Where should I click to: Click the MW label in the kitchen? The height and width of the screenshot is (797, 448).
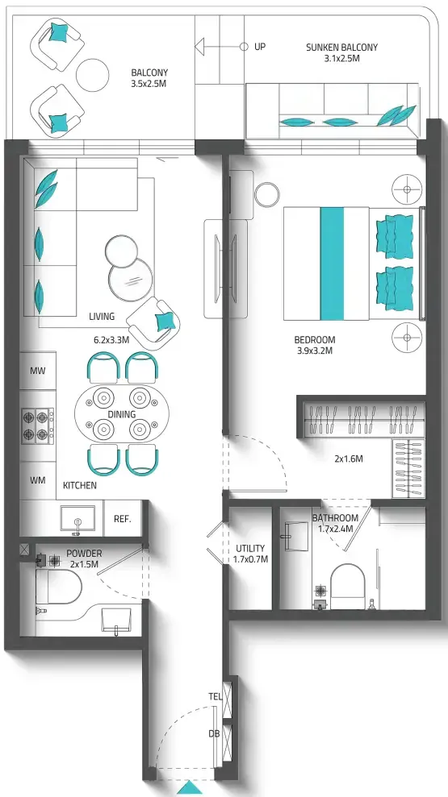tap(38, 371)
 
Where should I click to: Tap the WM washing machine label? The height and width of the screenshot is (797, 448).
tap(38, 479)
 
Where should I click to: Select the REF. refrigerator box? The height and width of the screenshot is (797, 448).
tap(123, 519)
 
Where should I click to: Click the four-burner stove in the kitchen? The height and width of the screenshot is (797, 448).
tap(38, 424)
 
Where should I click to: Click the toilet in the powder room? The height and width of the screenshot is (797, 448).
tap(59, 586)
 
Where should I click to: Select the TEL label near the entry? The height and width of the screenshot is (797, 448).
tap(216, 696)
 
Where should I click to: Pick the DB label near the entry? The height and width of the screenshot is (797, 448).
tap(215, 733)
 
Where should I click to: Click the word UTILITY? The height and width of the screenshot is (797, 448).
tap(250, 549)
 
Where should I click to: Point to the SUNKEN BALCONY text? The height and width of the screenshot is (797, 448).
tap(342, 48)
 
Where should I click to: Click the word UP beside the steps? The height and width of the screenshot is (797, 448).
tap(260, 47)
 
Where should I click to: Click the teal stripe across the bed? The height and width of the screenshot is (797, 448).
tap(333, 264)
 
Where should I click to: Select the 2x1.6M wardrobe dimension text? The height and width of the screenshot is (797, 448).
tap(349, 459)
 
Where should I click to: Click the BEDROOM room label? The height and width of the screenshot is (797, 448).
tap(315, 339)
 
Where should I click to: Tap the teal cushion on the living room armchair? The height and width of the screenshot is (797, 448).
tap(166, 322)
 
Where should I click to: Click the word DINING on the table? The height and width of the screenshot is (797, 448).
tap(122, 414)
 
